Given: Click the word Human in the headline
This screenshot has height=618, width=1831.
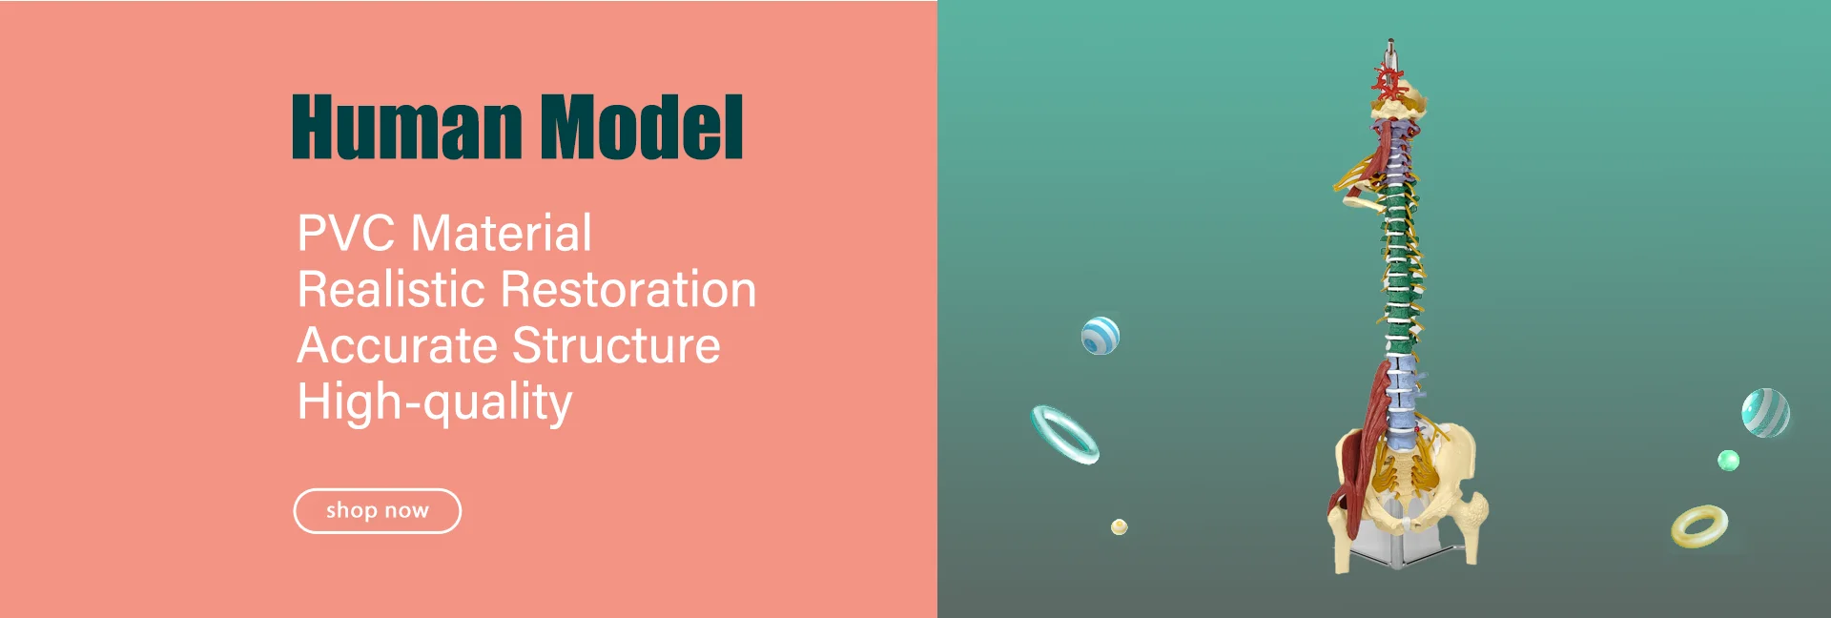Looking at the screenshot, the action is pyautogui.click(x=406, y=127).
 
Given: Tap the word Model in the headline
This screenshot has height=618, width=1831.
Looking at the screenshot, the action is pyautogui.click(x=642, y=127).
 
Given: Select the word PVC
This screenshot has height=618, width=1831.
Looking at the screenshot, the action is pyautogui.click(x=345, y=234).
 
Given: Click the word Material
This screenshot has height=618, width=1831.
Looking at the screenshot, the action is pyautogui.click(x=503, y=234).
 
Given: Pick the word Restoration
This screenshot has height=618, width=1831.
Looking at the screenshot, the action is pyautogui.click(x=628, y=290).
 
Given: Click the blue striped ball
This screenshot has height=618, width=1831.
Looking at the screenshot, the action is pyautogui.click(x=1101, y=336).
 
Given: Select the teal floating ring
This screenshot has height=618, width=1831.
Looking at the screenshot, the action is pyautogui.click(x=1065, y=435).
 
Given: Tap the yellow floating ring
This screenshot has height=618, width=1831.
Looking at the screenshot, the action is pyautogui.click(x=1698, y=526).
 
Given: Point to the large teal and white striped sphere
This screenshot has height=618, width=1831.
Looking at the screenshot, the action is pyautogui.click(x=1765, y=413).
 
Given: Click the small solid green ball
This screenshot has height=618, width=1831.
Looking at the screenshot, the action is pyautogui.click(x=1728, y=462).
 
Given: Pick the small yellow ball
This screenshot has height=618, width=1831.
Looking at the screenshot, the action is pyautogui.click(x=1120, y=526).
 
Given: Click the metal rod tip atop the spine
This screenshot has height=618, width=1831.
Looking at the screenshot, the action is pyautogui.click(x=1390, y=45).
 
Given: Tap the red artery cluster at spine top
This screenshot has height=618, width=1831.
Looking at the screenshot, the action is pyautogui.click(x=1389, y=81).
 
